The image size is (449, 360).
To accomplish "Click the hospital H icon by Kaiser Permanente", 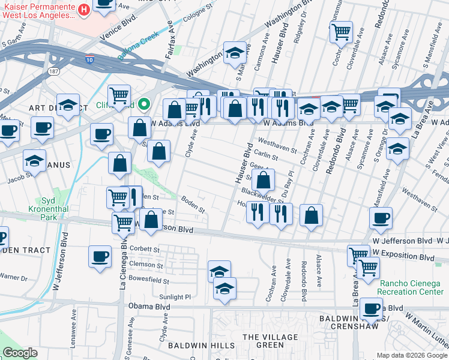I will tap(84, 10).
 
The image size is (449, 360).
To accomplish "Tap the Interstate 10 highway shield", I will tap(89, 60).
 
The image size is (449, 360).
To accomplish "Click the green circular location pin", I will tap(143, 104).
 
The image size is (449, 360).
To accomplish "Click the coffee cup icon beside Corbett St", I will tap(99, 256).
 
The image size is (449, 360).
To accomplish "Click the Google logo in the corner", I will tap(20, 353).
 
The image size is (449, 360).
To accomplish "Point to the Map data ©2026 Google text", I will tap(412, 355).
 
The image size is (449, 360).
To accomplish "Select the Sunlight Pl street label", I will tap(179, 296).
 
